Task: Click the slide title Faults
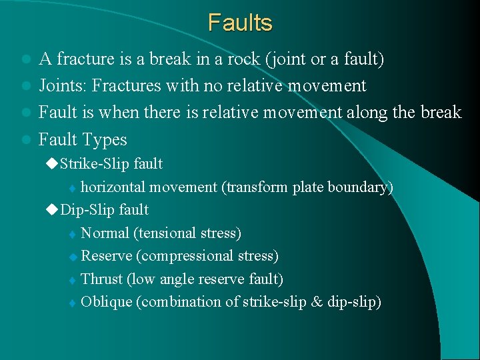point(240,23)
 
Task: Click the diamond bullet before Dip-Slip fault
point(53,210)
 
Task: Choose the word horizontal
point(116,187)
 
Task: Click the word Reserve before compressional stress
point(107,256)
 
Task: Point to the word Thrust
point(101,279)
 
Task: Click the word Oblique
point(106,302)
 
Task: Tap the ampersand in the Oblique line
point(316,302)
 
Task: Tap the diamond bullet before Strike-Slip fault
point(53,163)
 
